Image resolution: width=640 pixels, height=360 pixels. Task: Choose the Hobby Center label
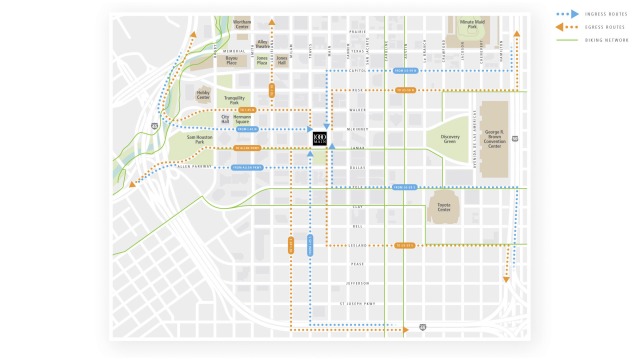click(x=203, y=96)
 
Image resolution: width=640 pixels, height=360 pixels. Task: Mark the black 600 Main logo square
click(x=319, y=138)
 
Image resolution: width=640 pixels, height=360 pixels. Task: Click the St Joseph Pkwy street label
click(x=356, y=301)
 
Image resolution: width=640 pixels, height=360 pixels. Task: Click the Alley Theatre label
click(x=262, y=44)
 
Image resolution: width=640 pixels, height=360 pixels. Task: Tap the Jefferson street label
click(x=357, y=282)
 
